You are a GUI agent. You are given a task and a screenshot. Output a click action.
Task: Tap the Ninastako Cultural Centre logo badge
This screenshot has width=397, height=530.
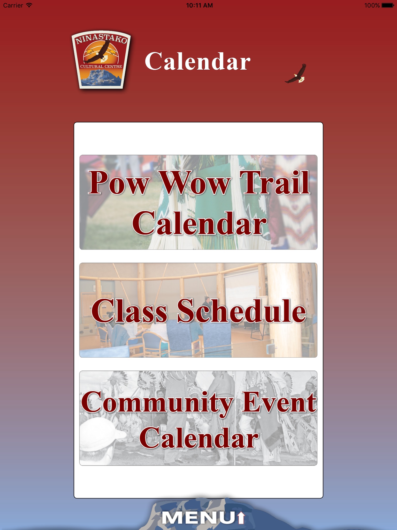[x=101, y=60]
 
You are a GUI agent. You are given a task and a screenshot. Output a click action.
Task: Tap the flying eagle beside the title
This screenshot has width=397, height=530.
[x=296, y=74]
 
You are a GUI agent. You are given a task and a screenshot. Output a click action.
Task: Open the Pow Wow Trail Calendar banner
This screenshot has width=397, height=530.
[x=198, y=202]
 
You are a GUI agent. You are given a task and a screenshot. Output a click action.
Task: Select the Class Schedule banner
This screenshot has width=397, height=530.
[x=198, y=310]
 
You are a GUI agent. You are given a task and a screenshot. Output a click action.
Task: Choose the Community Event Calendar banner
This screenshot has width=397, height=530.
[x=198, y=418]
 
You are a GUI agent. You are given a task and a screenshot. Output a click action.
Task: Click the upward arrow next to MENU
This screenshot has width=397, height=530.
[x=241, y=518]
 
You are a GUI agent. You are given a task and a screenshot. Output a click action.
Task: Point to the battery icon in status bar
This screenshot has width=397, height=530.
[x=388, y=5]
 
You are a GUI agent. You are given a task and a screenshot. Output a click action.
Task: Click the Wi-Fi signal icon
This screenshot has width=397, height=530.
[x=29, y=5]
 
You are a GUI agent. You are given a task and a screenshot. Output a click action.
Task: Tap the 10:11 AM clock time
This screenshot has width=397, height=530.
[x=199, y=5]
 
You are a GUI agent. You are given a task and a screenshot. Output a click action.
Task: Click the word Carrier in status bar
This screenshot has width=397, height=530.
[x=13, y=5]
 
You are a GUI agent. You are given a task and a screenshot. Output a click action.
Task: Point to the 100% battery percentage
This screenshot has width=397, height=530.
[x=372, y=5]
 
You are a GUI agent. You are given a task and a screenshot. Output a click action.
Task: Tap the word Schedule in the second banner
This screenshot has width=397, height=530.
[x=242, y=311]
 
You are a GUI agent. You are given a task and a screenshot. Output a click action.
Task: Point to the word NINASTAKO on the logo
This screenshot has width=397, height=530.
[x=101, y=38]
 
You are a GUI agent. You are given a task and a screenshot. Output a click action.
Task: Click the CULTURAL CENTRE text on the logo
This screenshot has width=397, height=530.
[x=101, y=67]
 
